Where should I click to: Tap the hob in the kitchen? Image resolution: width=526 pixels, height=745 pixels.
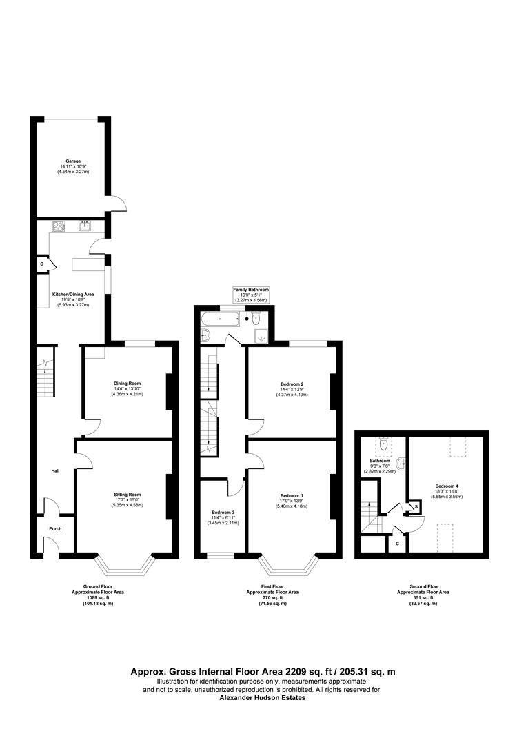pyautogui.click(x=58, y=225)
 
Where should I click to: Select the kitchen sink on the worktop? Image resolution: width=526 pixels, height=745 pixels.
pyautogui.click(x=85, y=225)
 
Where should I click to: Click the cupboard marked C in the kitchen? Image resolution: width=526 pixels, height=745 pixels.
pyautogui.click(x=42, y=264)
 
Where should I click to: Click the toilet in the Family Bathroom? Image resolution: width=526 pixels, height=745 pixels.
pyautogui.click(x=254, y=319)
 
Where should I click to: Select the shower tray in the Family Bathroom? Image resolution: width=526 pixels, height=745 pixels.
pyautogui.click(x=261, y=336)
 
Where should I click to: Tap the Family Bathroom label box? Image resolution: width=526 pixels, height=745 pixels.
pyautogui.click(x=251, y=295)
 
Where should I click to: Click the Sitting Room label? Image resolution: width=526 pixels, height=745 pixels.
pyautogui.click(x=127, y=495)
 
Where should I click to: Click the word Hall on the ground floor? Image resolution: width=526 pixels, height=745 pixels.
pyautogui.click(x=55, y=471)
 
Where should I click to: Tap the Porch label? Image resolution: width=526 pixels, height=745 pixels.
pyautogui.click(x=55, y=530)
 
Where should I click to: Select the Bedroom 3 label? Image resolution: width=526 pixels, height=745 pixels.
pyautogui.click(x=223, y=512)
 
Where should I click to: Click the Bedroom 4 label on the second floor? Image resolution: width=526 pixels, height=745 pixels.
pyautogui.click(x=447, y=486)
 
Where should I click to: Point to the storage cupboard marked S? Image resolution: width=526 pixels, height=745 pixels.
pyautogui.click(x=415, y=508)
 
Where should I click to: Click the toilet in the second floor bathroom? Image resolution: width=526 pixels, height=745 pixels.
pyautogui.click(x=384, y=445)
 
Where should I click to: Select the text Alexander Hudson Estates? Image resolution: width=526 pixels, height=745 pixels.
pyautogui.click(x=262, y=697)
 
